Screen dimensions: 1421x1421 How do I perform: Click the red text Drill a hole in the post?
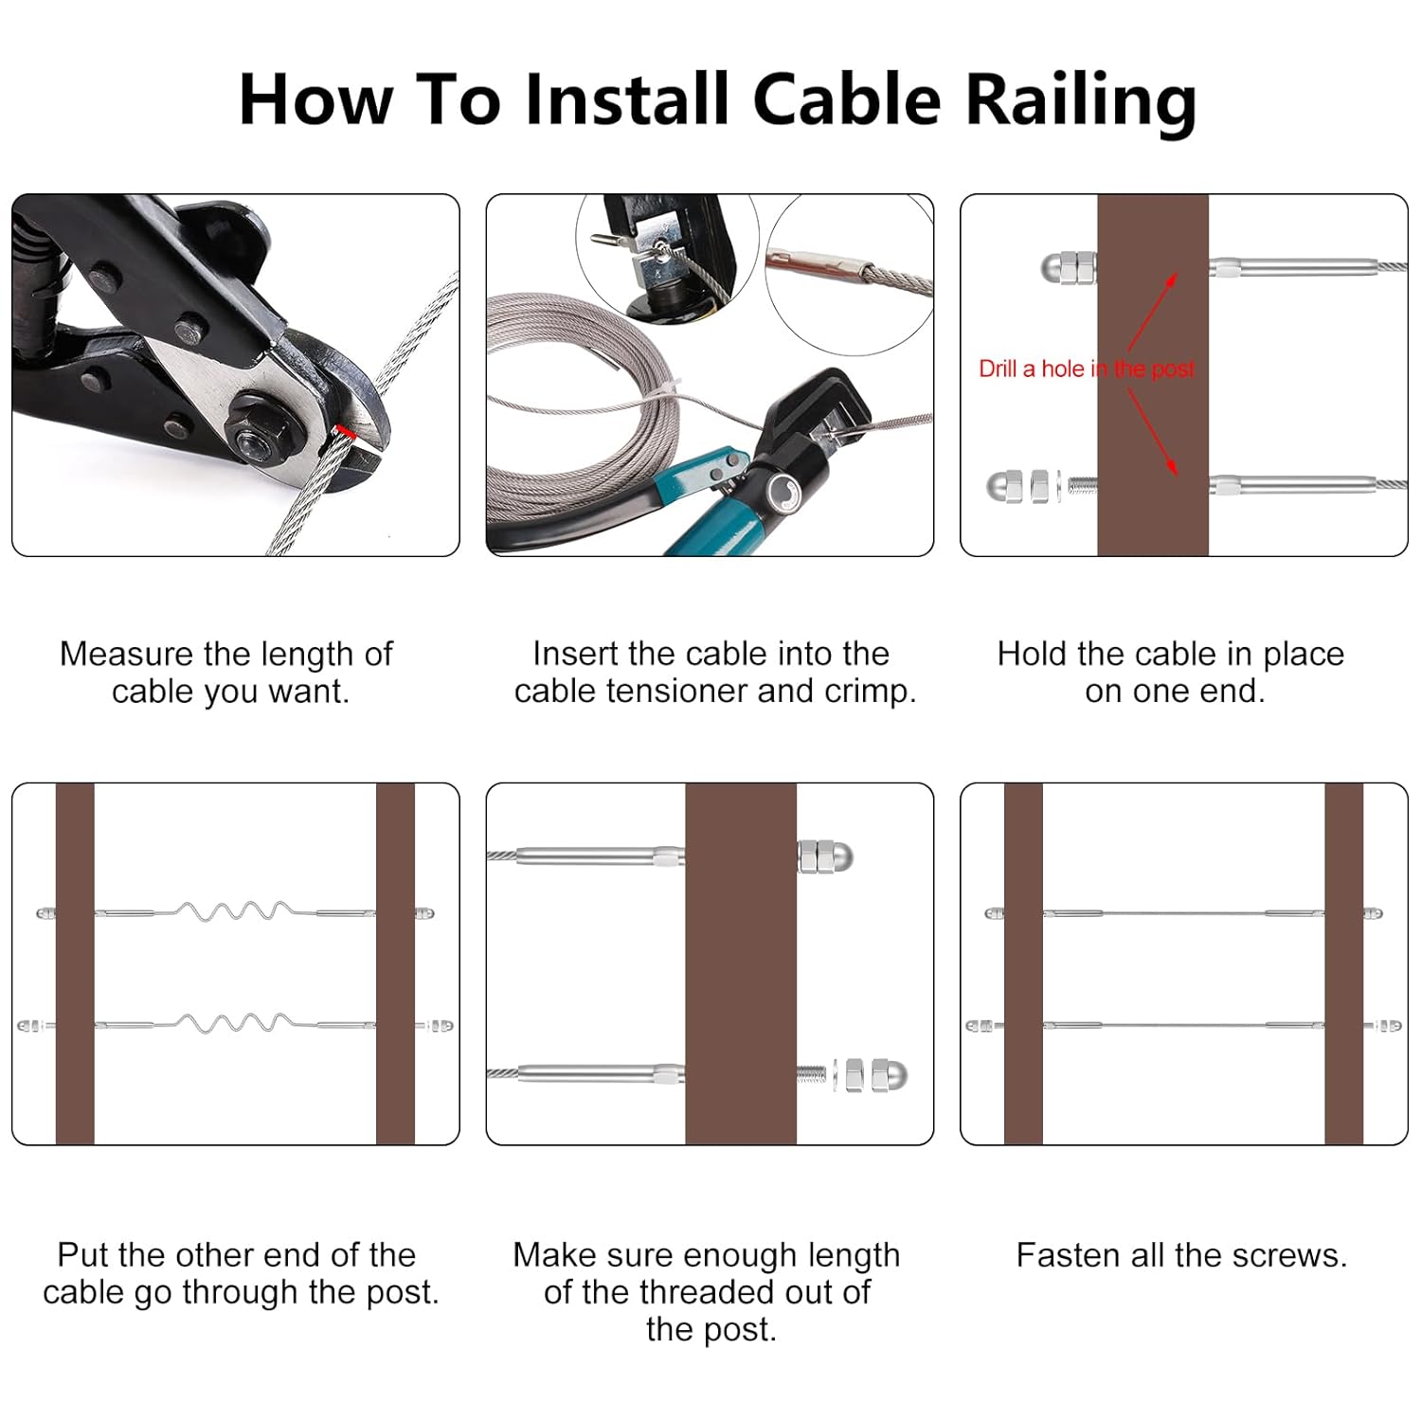[x=1086, y=369]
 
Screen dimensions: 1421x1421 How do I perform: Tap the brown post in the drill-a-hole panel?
[x=1152, y=512]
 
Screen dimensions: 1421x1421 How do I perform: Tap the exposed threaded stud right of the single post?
[x=812, y=1075]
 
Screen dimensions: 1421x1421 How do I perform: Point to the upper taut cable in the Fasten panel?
[x=1184, y=913]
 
